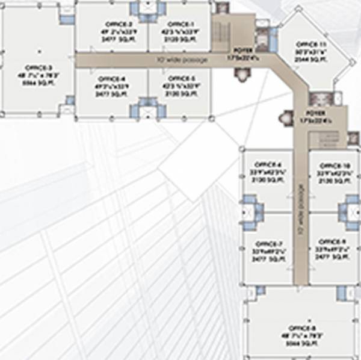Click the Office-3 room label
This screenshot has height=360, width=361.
39,67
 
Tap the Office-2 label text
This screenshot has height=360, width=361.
114,23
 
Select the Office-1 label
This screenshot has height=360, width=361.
177,23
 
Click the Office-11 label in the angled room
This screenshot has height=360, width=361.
312,45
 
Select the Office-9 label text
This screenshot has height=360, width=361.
330,244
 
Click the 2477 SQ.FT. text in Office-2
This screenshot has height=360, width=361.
114,37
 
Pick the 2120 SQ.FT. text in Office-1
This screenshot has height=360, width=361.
177,37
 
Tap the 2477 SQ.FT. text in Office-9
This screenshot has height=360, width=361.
330,258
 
